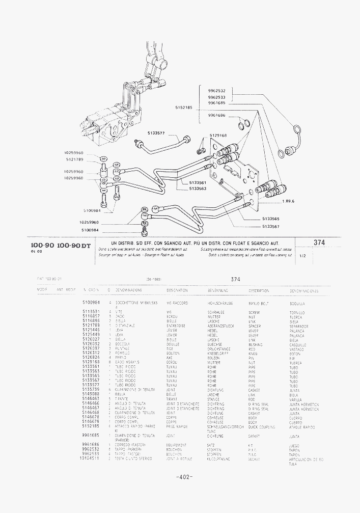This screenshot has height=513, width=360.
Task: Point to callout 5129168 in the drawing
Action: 218,136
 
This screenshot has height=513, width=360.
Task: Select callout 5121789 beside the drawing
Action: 74,159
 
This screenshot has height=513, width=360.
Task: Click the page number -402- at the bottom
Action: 182,477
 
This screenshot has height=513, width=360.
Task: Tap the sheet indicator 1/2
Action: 302,256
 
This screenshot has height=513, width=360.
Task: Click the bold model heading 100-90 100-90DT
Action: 60,246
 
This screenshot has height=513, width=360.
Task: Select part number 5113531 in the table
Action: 91,311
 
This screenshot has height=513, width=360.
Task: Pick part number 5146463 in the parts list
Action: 91,399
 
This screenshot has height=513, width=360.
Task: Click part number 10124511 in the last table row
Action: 90,458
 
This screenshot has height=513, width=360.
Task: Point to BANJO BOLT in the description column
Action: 258,303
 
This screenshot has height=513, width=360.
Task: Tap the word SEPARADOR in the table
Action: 299,326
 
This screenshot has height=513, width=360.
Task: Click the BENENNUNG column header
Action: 217,291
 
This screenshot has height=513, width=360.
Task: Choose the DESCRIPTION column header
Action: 259,291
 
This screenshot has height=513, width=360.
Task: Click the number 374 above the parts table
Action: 235,279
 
